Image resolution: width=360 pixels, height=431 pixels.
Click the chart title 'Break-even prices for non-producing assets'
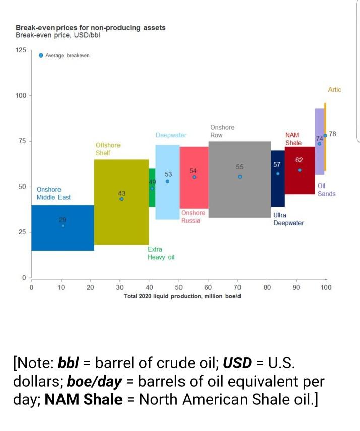click(90, 28)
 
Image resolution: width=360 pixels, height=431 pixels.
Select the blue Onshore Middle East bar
click(63, 237)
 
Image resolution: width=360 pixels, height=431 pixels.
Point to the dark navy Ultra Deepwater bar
click(278, 192)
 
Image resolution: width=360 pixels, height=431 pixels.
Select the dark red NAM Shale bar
click(299, 181)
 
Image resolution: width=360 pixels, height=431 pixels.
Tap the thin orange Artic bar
click(325, 151)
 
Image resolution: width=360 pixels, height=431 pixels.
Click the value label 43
click(122, 193)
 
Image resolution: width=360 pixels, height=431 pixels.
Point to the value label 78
click(333, 134)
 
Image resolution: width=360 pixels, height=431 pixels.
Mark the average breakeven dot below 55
click(240, 177)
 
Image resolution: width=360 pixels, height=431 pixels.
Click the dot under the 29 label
click(63, 226)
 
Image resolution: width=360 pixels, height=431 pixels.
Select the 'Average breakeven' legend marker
click(41, 55)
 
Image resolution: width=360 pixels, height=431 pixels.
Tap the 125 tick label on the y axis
click(21, 51)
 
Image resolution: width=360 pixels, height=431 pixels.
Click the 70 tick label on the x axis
click(237, 287)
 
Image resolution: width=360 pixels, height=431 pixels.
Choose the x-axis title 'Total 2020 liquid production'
click(182, 296)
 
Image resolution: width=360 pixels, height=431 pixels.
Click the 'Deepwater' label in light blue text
click(171, 135)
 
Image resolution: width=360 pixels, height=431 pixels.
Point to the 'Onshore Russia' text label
click(193, 216)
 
